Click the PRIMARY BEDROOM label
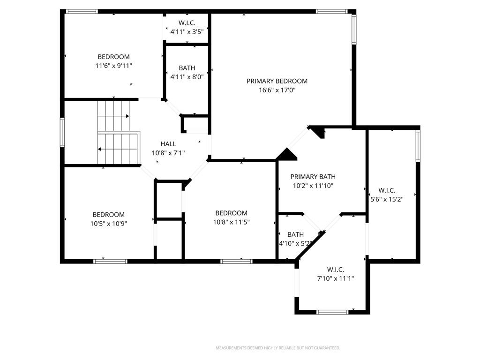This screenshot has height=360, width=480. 277,81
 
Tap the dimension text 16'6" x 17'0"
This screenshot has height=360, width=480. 277,90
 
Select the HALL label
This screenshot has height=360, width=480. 168,144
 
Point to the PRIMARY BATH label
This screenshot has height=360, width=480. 313,177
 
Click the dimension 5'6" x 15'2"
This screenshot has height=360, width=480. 387,199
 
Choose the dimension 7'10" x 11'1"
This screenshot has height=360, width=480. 336,278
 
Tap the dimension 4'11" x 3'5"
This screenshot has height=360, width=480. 187,31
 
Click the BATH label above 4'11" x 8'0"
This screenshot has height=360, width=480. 187,68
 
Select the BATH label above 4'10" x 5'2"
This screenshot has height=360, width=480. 295,235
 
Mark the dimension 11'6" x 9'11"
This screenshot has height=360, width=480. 113,66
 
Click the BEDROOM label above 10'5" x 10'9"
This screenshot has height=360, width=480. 109,215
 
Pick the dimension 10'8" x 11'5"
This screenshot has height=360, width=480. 232,222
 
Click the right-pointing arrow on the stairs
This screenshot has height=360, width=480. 113,116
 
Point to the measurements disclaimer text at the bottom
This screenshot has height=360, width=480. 278,348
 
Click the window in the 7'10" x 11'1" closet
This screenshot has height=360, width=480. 332,312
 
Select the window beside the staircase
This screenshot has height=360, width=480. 62,133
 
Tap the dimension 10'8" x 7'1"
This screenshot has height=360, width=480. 168,153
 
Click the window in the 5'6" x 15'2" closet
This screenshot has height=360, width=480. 418,146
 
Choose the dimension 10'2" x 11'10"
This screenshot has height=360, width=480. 313,186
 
